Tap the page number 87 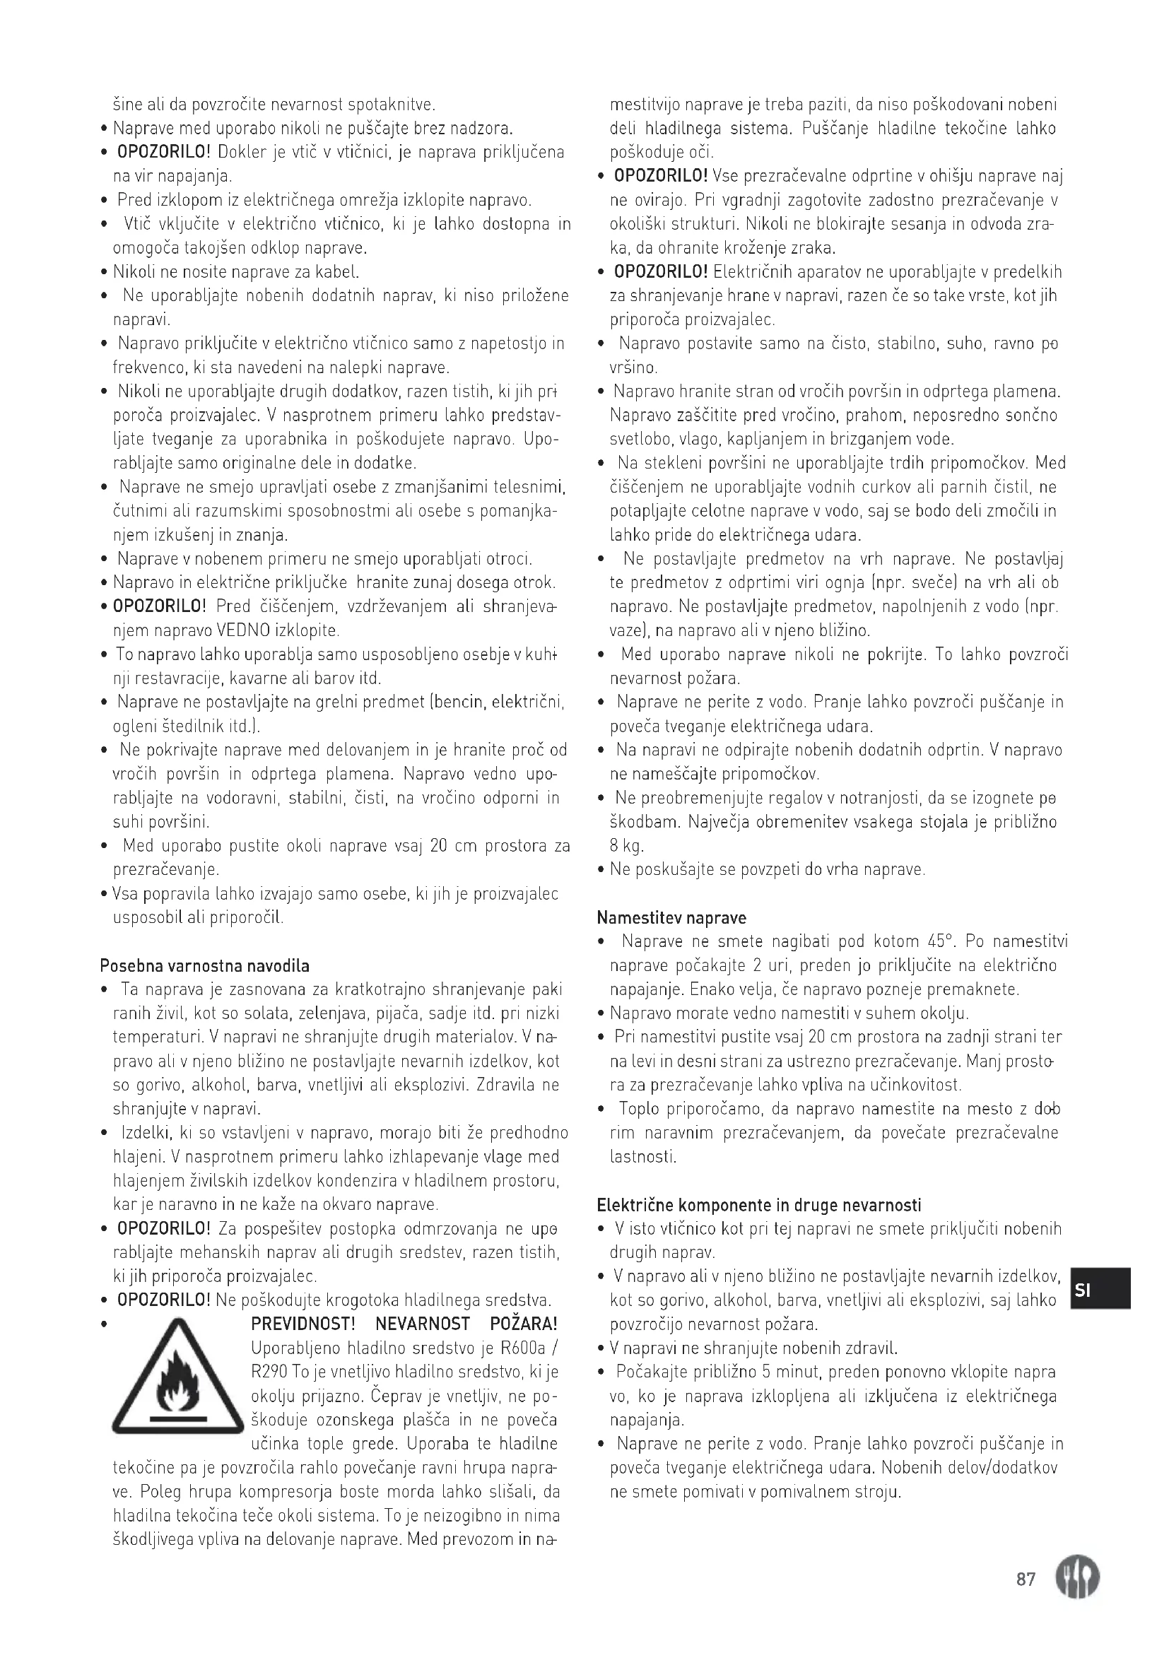tap(1025, 1580)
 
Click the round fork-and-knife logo tap(1077, 1578)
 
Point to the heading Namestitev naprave tap(671, 918)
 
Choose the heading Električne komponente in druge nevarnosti tap(758, 1205)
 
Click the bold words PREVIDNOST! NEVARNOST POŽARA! tap(404, 1324)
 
